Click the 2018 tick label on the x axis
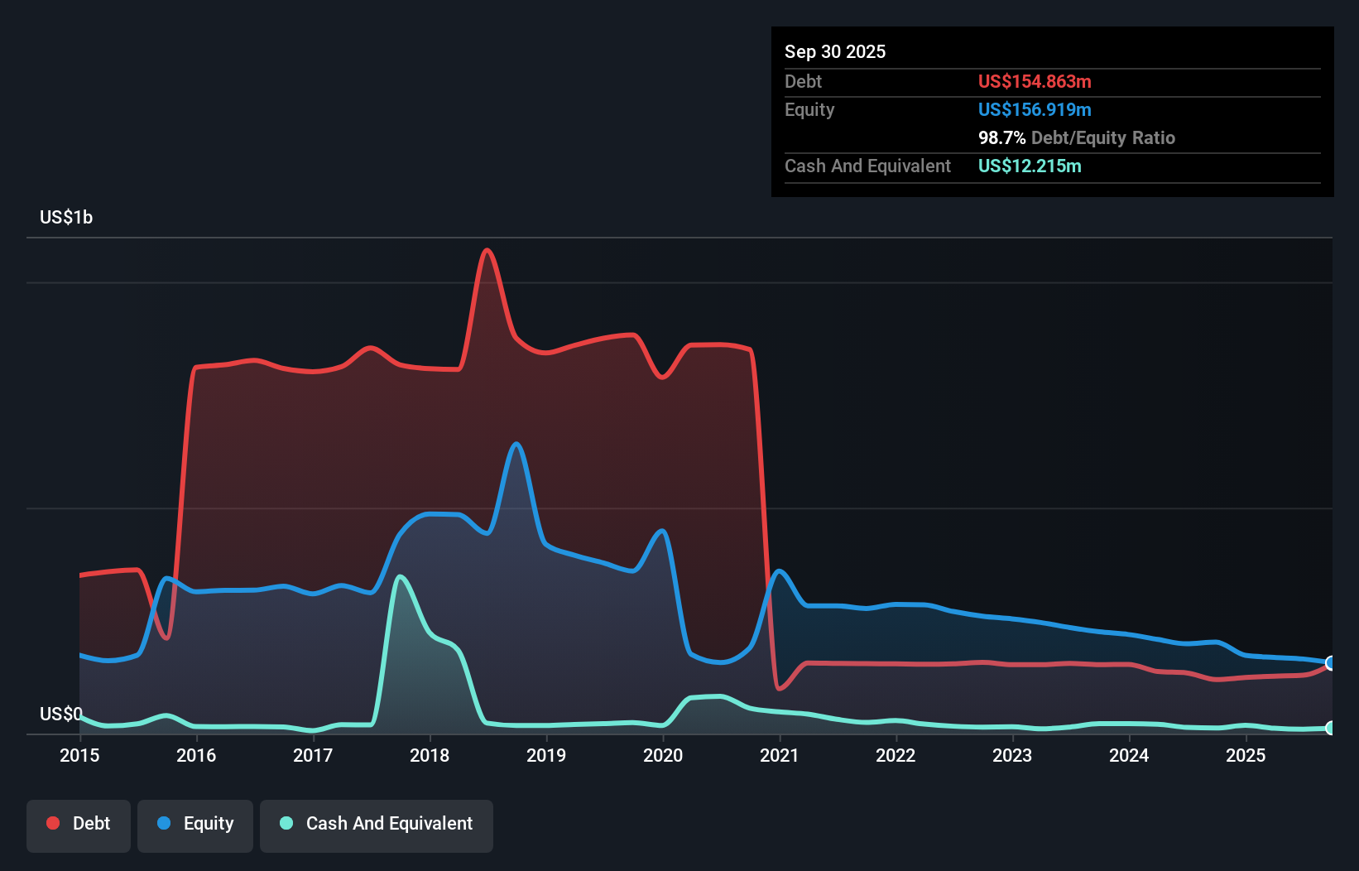pos(430,755)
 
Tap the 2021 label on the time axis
pos(779,755)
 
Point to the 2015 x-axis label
pos(79,755)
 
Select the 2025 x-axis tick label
pos(1245,755)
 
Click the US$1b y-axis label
pos(66,218)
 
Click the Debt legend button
pos(79,824)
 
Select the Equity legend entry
pos(195,824)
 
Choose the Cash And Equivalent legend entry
pos(377,824)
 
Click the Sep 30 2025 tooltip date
pos(834,51)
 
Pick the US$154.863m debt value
pos(1034,81)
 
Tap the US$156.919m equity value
pos(1034,109)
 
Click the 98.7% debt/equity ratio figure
pos(1001,137)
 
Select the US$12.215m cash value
pos(1029,166)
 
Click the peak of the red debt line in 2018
pos(487,250)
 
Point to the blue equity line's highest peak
pos(516,444)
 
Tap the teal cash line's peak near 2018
pos(401,576)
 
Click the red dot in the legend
pos(53,823)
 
